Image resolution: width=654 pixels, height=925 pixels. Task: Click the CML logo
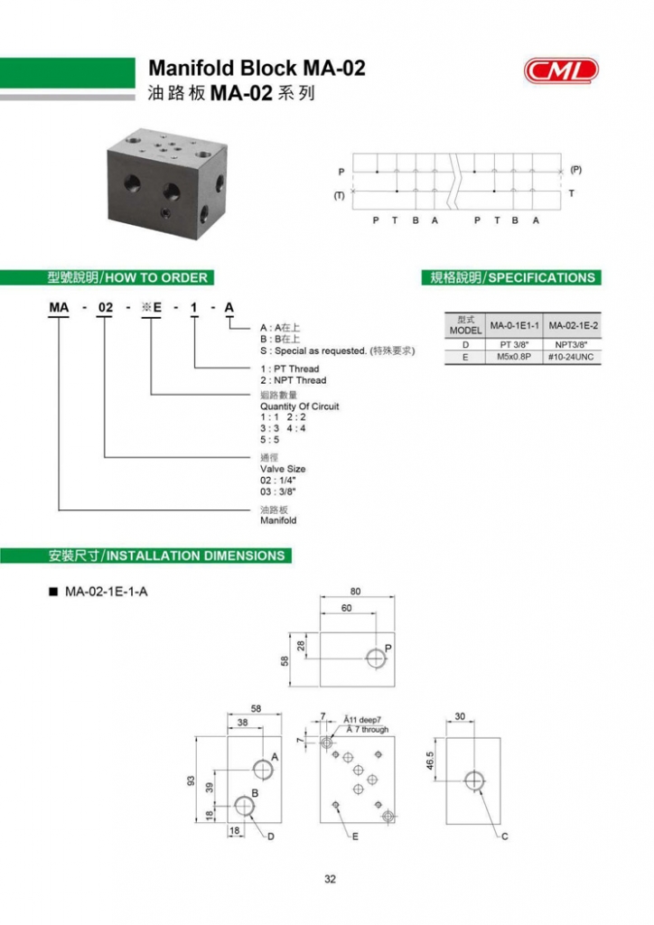click(x=560, y=69)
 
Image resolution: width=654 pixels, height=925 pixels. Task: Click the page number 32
click(x=330, y=878)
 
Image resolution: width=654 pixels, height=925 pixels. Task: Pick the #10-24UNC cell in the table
click(x=573, y=357)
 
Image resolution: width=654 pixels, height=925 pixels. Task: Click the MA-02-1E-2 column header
click(x=573, y=325)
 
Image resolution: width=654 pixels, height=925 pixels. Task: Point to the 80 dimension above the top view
click(x=355, y=592)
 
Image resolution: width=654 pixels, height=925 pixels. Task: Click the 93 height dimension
click(x=192, y=780)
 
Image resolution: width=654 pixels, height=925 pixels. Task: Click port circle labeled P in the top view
click(x=376, y=658)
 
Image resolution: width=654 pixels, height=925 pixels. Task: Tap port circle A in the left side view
click(x=264, y=770)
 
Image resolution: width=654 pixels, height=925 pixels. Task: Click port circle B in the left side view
click(x=245, y=806)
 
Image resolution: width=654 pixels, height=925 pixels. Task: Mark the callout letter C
click(x=504, y=836)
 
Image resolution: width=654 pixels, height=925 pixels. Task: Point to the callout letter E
click(x=355, y=837)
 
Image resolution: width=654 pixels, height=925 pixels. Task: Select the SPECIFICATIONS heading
click(x=512, y=277)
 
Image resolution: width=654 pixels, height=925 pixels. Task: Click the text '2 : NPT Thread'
click(x=293, y=380)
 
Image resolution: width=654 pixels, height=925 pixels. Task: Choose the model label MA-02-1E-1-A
click(x=106, y=593)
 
